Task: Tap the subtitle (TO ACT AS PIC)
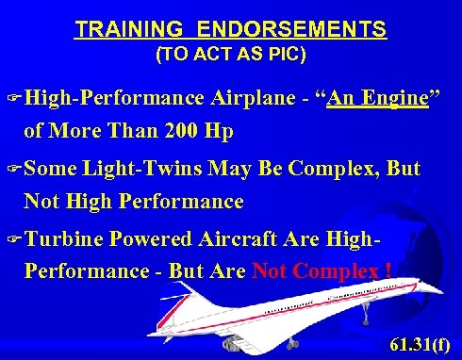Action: point(230,55)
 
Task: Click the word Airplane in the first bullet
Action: point(254,97)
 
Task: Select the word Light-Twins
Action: point(142,171)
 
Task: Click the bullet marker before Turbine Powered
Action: point(13,238)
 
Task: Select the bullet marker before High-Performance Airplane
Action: point(13,98)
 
